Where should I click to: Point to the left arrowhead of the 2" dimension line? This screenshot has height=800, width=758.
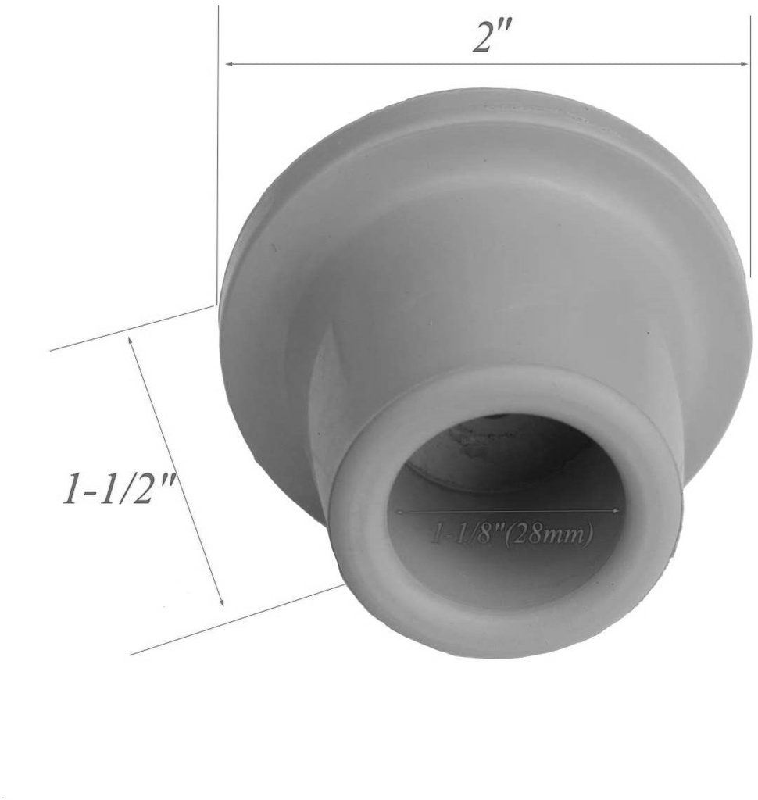[229, 63]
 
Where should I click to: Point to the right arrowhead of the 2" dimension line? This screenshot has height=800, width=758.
[745, 63]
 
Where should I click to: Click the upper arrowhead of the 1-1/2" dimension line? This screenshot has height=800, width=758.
[131, 341]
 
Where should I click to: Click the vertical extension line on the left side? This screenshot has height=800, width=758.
[218, 156]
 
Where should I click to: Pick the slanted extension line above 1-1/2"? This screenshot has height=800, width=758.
[133, 328]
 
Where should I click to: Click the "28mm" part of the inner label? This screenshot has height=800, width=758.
[559, 535]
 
